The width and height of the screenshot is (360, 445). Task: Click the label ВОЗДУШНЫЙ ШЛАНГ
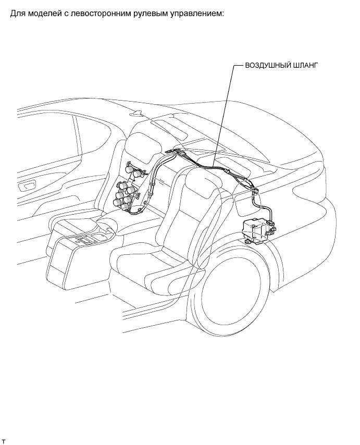[281, 66]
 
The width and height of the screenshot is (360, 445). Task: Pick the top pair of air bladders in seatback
[132, 170]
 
